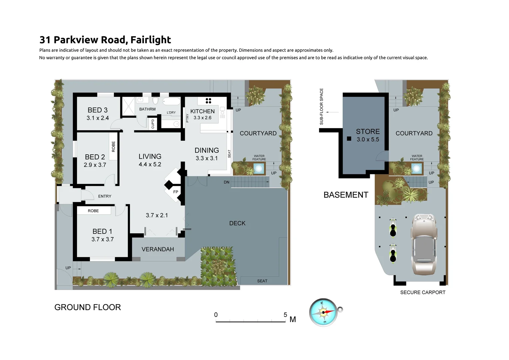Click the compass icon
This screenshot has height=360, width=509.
pyautogui.click(x=323, y=312)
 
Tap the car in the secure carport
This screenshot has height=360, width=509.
pyautogui.click(x=424, y=244)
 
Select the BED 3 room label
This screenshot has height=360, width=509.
pyautogui.click(x=98, y=110)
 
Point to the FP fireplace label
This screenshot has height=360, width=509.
pyautogui.click(x=176, y=192)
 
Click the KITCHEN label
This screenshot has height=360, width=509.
pyautogui.click(x=203, y=111)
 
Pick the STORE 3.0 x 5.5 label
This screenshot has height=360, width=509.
pyautogui.click(x=368, y=135)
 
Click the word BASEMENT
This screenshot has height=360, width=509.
pyautogui.click(x=346, y=195)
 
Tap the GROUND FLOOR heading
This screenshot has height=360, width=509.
pyautogui.click(x=88, y=307)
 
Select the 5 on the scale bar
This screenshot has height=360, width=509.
pyautogui.click(x=285, y=315)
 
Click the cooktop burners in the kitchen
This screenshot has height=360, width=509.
pyautogui.click(x=209, y=101)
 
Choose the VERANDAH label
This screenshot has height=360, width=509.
pyautogui.click(x=158, y=249)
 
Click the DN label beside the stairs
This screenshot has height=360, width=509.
pyautogui.click(x=227, y=182)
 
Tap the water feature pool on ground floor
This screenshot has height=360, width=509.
pyautogui.click(x=258, y=169)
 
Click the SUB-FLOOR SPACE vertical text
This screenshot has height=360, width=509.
pyautogui.click(x=321, y=107)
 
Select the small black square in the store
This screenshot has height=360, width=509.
pyautogui.click(x=349, y=138)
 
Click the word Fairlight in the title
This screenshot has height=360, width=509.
pyautogui.click(x=151, y=40)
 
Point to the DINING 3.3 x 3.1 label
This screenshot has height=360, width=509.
pyautogui.click(x=207, y=154)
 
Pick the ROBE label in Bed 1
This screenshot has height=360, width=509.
pyautogui.click(x=93, y=211)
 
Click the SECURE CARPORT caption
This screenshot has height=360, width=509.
pyautogui.click(x=423, y=292)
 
